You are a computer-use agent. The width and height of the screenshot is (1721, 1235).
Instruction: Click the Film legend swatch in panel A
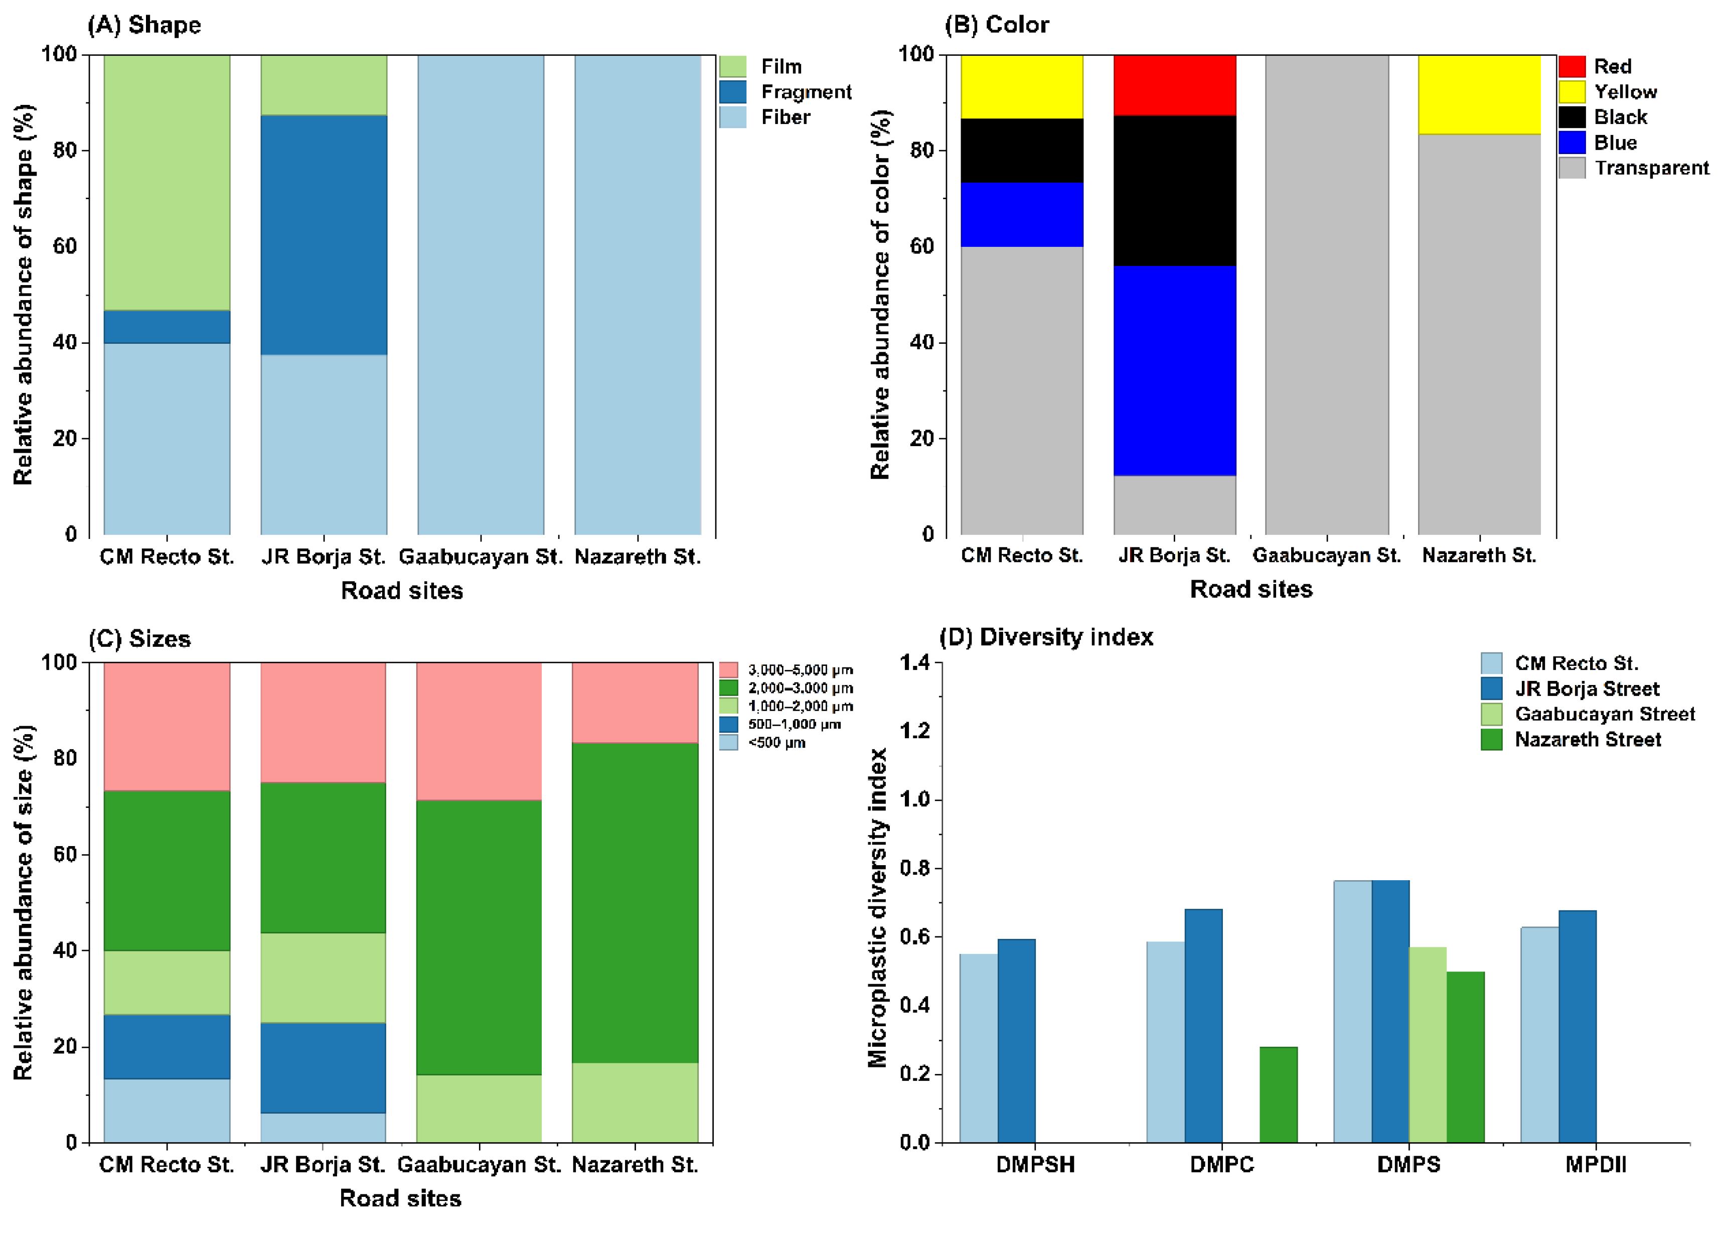[x=732, y=66]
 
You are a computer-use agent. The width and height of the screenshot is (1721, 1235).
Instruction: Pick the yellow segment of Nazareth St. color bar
[x=1479, y=94]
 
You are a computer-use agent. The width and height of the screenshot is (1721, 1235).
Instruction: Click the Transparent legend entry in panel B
[x=1650, y=168]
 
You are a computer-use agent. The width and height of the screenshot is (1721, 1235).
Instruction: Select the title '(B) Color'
[x=996, y=25]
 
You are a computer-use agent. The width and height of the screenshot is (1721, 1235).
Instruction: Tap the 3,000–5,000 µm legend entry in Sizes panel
[x=800, y=669]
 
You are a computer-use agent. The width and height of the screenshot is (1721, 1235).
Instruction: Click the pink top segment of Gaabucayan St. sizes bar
[x=479, y=730]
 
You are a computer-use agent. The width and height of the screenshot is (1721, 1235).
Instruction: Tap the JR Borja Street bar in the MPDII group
[x=1577, y=1026]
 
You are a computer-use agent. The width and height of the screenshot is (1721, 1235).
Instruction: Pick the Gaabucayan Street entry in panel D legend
[x=1604, y=714]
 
